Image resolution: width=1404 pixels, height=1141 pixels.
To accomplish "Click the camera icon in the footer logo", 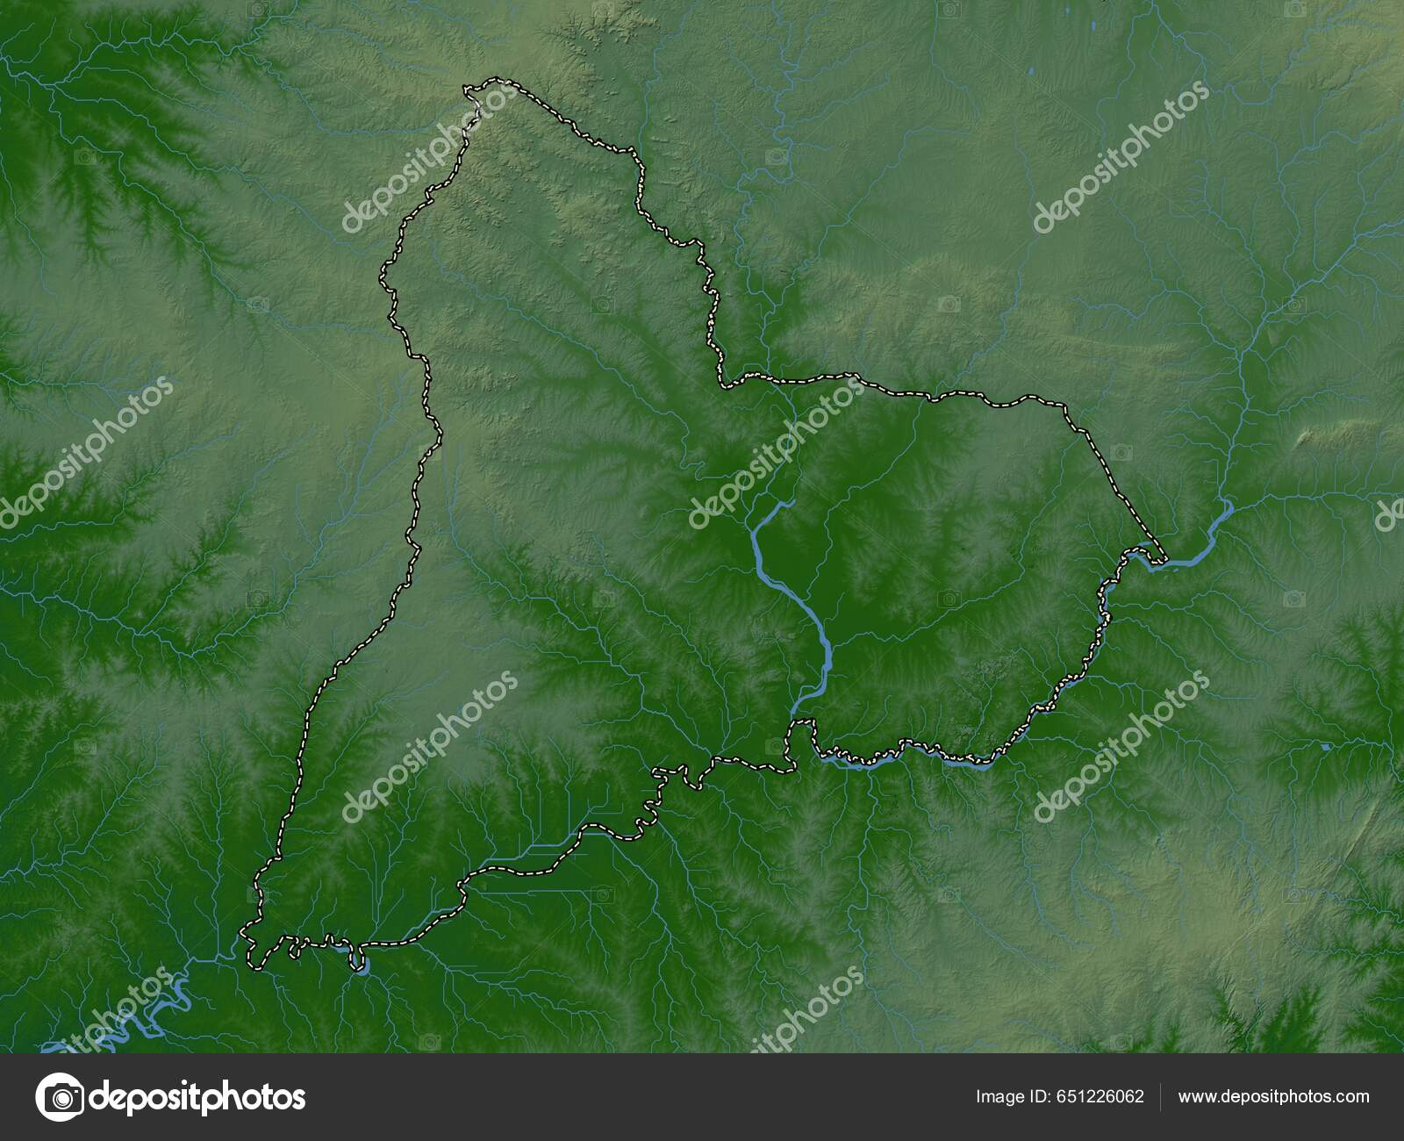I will click(x=61, y=1097).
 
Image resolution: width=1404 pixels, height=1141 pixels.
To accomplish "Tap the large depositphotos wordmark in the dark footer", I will click(x=198, y=1097).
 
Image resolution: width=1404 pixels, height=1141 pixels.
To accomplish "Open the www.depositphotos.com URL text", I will click(x=1273, y=1096).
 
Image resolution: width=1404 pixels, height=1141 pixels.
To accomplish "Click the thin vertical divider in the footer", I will click(x=1161, y=1097).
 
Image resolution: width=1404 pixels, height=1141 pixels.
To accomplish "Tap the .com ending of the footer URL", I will click(x=1351, y=1096).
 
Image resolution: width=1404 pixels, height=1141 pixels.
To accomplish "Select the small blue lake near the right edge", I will click(x=1325, y=746).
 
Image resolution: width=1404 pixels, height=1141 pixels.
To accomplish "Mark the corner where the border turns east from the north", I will click(x=723, y=384).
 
